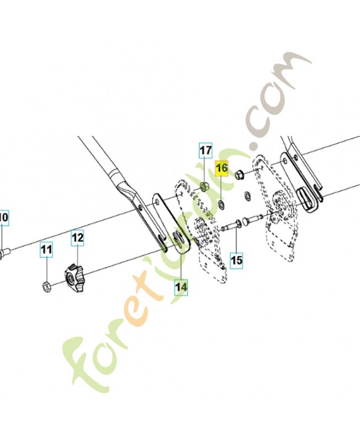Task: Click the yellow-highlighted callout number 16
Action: click(222, 169)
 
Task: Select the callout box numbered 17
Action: click(205, 150)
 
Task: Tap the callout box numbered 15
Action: click(236, 260)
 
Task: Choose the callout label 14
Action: click(181, 287)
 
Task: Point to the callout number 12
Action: click(77, 238)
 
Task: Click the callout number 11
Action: click(46, 249)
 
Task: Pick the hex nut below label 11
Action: click(46, 287)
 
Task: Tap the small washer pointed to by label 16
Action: click(222, 203)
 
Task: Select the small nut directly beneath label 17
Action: click(203, 186)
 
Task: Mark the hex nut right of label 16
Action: click(239, 175)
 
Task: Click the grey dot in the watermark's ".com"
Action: click(254, 146)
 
